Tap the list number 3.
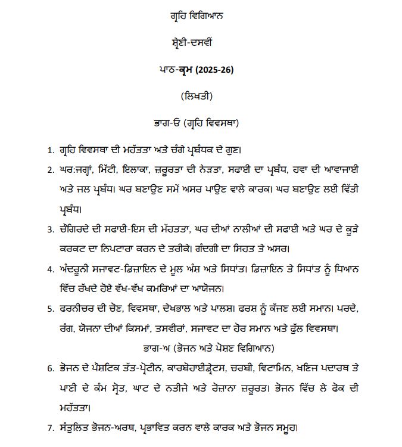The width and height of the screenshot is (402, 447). [49, 229]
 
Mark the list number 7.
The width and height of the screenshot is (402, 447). [49, 428]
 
